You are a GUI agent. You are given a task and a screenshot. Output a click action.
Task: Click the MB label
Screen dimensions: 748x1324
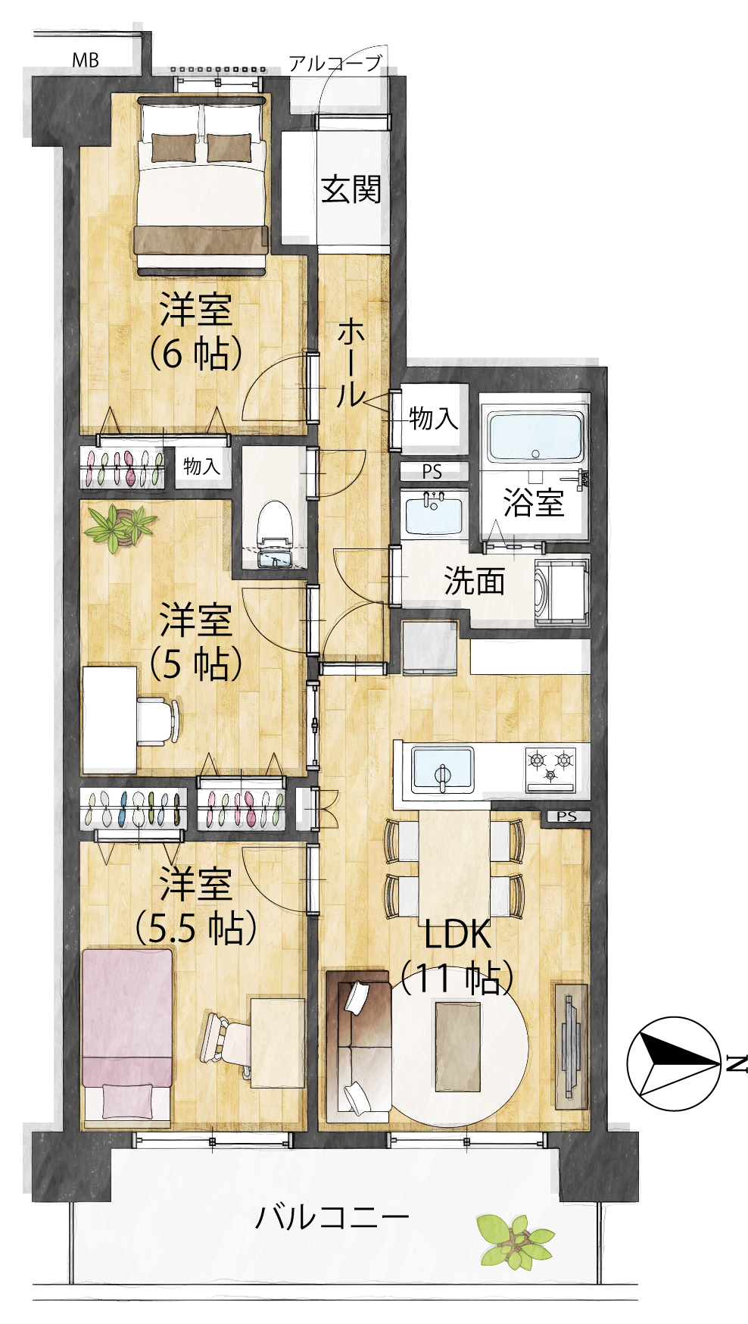86,60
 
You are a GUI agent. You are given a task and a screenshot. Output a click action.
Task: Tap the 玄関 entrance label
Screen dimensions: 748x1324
351,189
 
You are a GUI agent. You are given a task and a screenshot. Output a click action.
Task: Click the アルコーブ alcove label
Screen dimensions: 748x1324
335,64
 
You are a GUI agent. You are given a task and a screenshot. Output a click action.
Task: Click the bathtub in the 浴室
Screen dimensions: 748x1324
536,438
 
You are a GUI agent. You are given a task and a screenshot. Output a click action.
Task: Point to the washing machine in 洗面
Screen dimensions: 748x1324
561,593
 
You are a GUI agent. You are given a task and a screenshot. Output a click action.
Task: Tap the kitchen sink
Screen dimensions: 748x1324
443,770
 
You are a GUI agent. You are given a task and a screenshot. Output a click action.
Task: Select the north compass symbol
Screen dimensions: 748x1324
674,1063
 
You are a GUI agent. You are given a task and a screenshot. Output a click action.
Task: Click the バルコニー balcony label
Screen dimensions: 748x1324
332,1217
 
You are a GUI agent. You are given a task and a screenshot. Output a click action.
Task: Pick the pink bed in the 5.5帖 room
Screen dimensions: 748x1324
127,1033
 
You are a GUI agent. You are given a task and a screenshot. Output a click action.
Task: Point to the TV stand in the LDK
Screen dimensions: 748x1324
571,1046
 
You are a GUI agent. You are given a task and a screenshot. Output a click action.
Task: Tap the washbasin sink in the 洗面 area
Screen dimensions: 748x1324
433,513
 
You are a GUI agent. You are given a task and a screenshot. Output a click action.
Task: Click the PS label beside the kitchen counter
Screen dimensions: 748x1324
567,817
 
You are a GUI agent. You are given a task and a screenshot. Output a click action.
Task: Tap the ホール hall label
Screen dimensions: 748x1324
351,363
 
